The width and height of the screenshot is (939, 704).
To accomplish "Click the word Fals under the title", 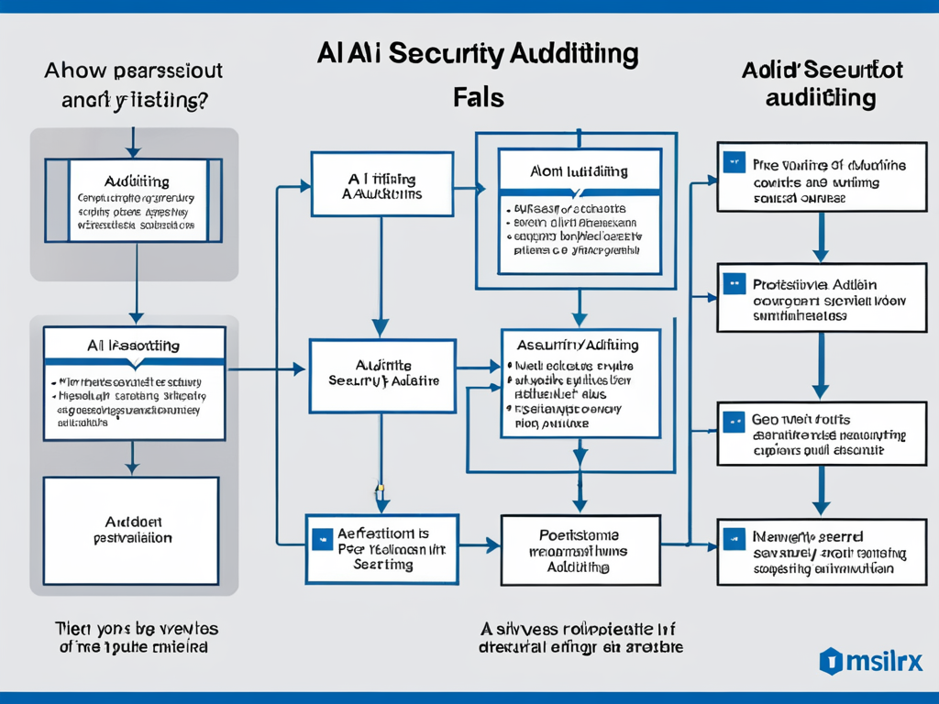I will click(x=479, y=97).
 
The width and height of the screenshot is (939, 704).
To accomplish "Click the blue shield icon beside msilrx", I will click(x=831, y=660).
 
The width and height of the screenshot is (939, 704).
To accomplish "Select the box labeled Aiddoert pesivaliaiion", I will click(x=131, y=530).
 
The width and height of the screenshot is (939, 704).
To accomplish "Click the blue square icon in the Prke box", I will click(x=733, y=163).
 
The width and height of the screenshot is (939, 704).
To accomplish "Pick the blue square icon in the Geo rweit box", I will click(x=733, y=422).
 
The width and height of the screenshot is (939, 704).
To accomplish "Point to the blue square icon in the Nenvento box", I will click(x=733, y=537).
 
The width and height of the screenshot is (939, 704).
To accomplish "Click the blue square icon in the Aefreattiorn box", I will click(x=321, y=539).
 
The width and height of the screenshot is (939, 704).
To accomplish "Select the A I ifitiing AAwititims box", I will click(x=381, y=185).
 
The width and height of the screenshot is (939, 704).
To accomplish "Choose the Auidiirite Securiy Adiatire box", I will click(x=381, y=375).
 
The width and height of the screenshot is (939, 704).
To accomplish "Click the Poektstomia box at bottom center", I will click(x=580, y=550).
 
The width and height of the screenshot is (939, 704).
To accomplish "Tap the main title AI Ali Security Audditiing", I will click(x=477, y=54).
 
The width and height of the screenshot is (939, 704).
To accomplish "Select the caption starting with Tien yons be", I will click(x=135, y=637).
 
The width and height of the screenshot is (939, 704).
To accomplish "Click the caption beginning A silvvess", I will click(x=580, y=637).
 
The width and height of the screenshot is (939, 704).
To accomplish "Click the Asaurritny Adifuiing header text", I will click(x=578, y=346).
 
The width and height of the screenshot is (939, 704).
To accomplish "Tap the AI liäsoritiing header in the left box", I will click(x=134, y=346).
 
